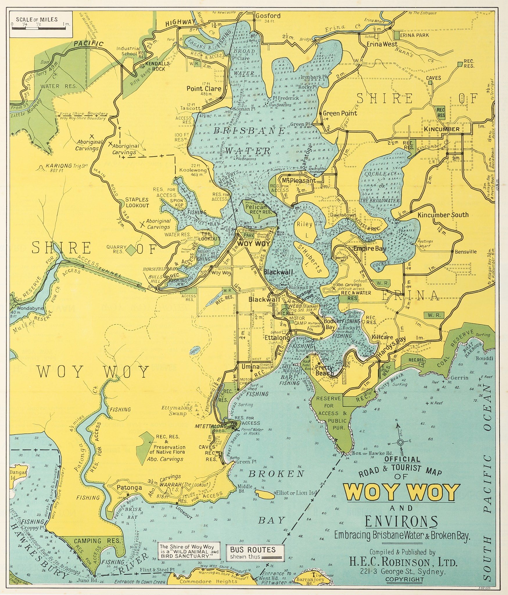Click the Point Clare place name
[x=204, y=89]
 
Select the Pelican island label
[x=256, y=207]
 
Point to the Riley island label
[x=304, y=224]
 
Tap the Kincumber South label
[x=443, y=215]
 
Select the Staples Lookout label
[x=137, y=202]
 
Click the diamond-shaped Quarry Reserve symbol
[x=132, y=250]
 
